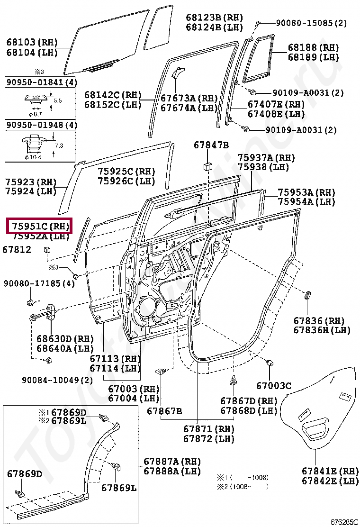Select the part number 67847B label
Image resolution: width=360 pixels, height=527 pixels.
point(211,145)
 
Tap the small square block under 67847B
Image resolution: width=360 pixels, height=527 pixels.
point(207,166)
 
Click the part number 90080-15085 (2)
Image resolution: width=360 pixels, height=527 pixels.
point(312,23)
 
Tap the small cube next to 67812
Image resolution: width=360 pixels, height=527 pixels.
point(47,250)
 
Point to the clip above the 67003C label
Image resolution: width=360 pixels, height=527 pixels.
point(271,363)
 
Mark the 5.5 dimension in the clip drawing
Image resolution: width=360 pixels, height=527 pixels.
point(57,100)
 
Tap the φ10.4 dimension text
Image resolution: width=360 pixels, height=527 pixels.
point(34,156)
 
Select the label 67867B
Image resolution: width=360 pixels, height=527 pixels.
point(164,410)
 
